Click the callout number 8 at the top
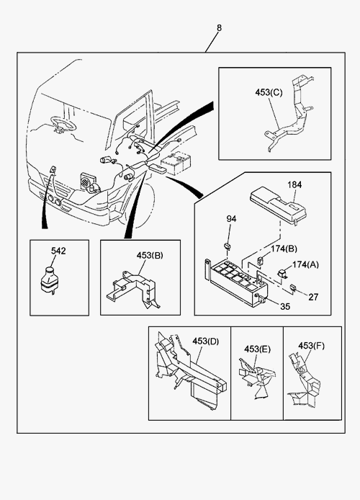(219, 28)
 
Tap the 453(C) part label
(269, 92)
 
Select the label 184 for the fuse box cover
(294, 184)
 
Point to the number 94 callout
(231, 219)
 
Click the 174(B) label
(284, 249)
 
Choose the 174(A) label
(305, 264)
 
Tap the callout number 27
(313, 297)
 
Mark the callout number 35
(285, 306)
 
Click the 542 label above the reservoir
(58, 251)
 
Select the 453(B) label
(150, 256)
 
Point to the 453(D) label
(205, 341)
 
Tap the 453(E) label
(257, 349)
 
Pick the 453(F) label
(311, 346)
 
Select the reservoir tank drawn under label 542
(50, 280)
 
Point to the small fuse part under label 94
(227, 246)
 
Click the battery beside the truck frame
(176, 164)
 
